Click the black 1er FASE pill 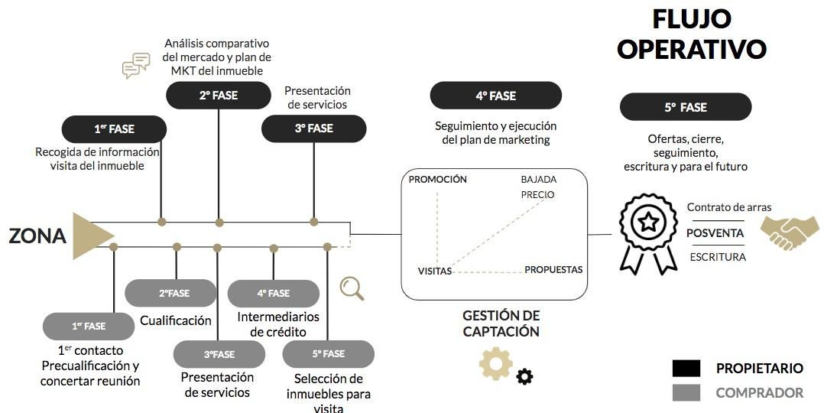point(114,128)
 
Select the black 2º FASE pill point(219,96)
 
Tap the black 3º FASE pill point(313,128)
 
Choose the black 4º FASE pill point(495,96)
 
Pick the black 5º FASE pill point(685,108)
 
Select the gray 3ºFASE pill point(219,354)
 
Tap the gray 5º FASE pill point(328,354)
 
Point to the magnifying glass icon point(352,288)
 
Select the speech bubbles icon point(136,66)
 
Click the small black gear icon point(524,376)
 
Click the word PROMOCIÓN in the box point(437,180)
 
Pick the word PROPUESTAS point(553,269)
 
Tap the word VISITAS point(434,271)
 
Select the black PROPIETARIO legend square point(686,369)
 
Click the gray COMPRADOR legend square point(686,392)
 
